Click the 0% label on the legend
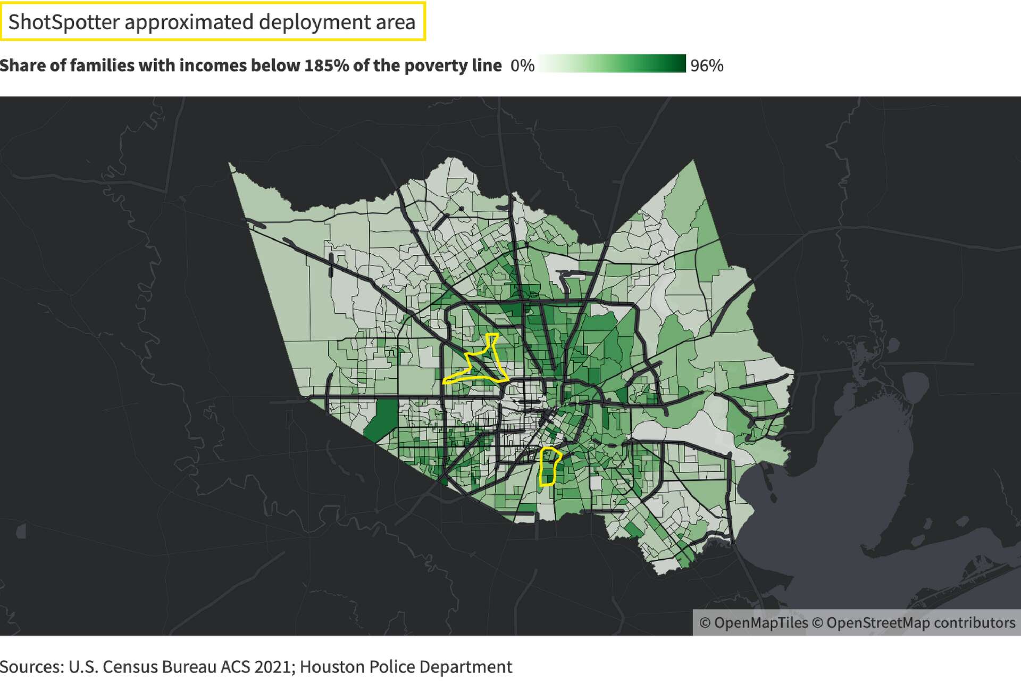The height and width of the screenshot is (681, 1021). pyautogui.click(x=522, y=65)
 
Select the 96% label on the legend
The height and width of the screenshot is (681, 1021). pyautogui.click(x=707, y=65)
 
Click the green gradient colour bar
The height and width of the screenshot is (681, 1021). pyautogui.click(x=612, y=63)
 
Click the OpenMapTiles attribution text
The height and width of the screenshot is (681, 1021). pyautogui.click(x=754, y=623)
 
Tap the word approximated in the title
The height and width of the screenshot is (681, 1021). pyautogui.click(x=189, y=22)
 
